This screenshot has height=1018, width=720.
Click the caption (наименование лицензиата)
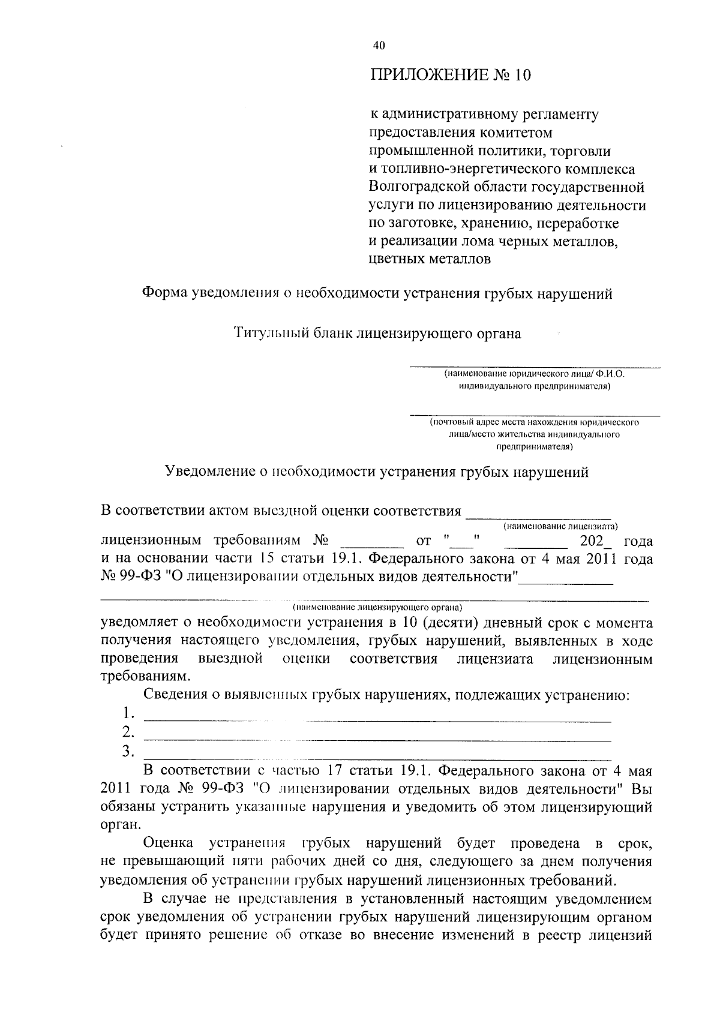coord(560,527)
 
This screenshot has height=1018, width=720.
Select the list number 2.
coord(127,732)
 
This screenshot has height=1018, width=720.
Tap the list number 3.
coord(127,751)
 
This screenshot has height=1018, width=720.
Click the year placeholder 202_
coord(597,541)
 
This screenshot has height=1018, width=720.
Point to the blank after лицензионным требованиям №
coord(372,542)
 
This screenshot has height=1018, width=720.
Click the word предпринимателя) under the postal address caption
coord(534,447)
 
